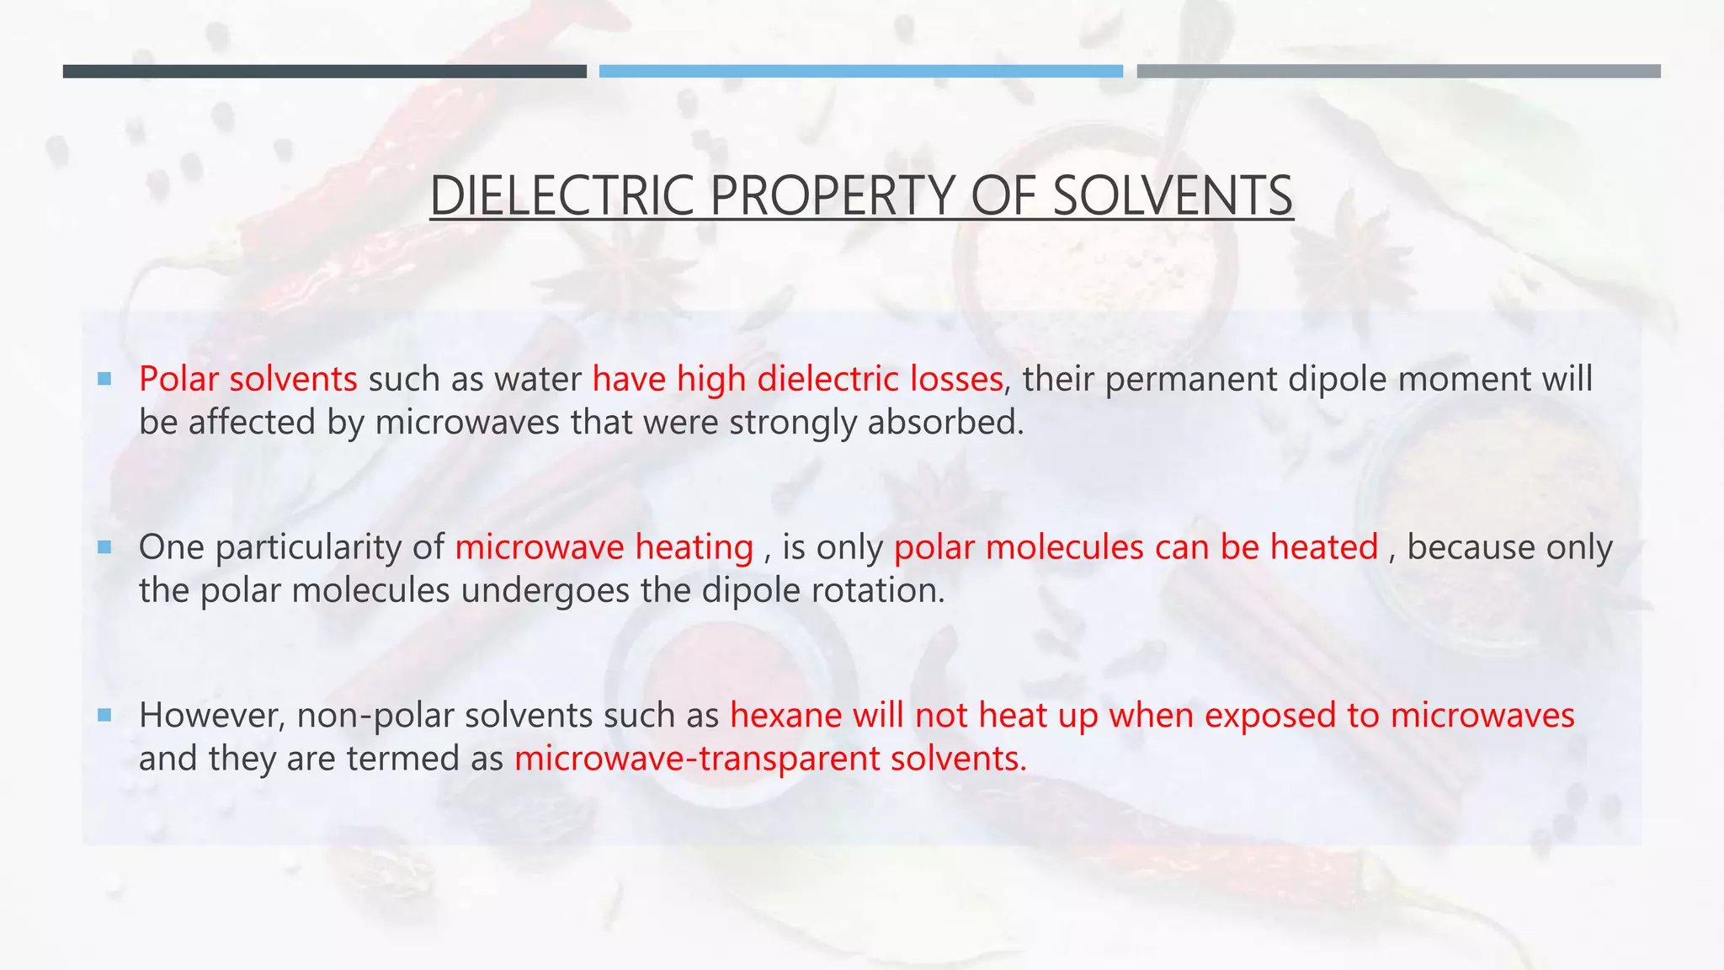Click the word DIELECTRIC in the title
(x=562, y=195)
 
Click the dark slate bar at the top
(x=324, y=72)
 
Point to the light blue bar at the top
(x=860, y=72)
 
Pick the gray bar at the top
(x=1398, y=72)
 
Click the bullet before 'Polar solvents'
(x=104, y=379)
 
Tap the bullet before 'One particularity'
(x=104, y=547)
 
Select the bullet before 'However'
(x=104, y=715)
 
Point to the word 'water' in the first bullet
(x=538, y=379)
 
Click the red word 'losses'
(x=956, y=379)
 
